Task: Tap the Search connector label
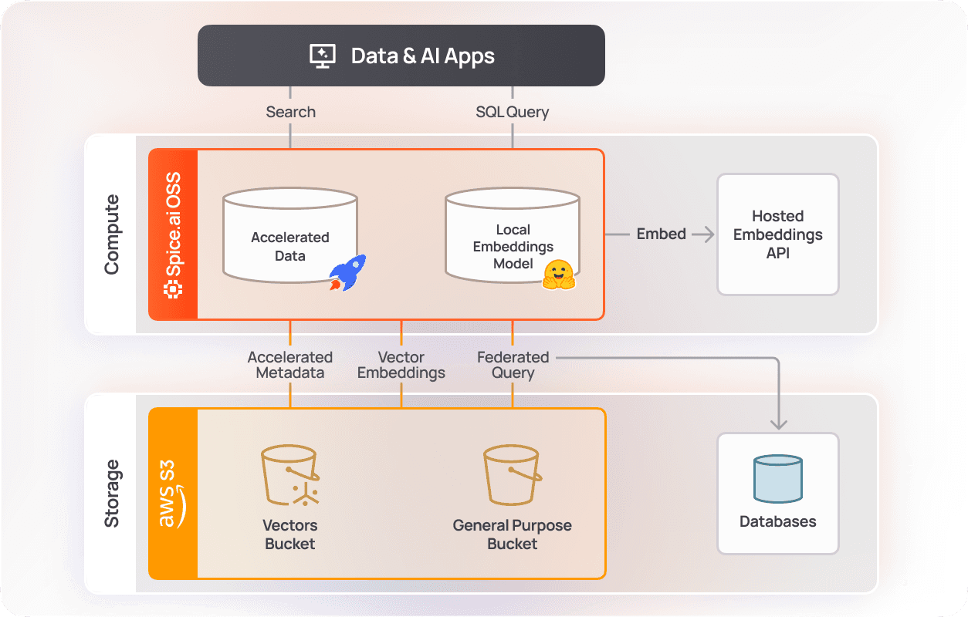290,112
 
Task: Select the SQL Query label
512,112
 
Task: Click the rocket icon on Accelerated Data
347,273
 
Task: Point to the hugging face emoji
559,275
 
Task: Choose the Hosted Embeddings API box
777,234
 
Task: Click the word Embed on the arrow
661,234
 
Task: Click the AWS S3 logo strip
174,494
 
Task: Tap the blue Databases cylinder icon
777,479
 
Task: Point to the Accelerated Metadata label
290,365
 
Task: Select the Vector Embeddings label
401,365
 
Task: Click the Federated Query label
513,365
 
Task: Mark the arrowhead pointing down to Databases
778,423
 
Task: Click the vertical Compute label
112,234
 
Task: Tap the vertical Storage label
112,494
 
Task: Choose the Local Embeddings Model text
513,247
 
